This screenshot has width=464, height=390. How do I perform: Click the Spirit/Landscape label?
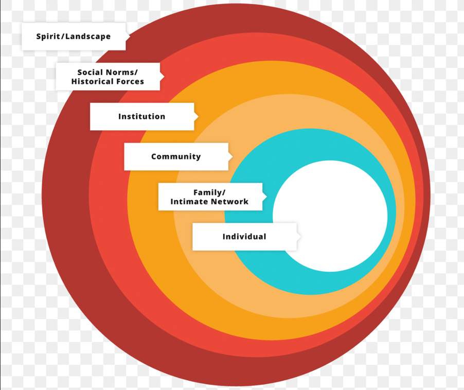point(73,37)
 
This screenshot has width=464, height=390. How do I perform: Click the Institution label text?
point(141,116)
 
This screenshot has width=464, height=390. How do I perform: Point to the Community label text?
point(176,156)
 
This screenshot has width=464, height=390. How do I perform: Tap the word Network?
point(229,202)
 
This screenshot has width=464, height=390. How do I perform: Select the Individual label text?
point(244,237)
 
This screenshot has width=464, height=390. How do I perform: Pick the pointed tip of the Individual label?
point(300,237)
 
